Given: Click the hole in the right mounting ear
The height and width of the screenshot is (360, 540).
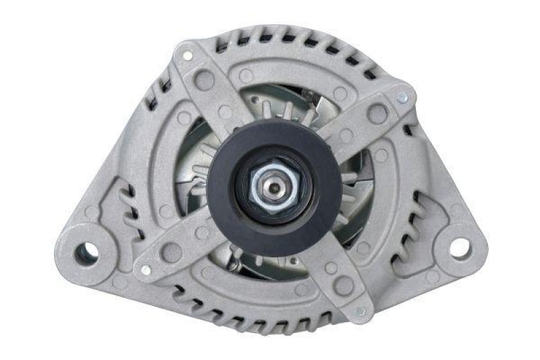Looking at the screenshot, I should tap(459, 248).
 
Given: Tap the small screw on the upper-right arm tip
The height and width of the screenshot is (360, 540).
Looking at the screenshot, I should tap(402, 98).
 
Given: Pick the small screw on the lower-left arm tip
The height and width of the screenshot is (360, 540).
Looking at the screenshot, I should tap(145, 270).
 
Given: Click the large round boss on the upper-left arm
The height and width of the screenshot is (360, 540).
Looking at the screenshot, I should tap(204, 80).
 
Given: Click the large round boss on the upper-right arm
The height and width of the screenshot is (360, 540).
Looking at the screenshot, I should tap(377, 114).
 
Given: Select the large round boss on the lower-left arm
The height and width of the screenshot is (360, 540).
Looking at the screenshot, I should tap(171, 252).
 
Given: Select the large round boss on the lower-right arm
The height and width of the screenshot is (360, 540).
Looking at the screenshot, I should tap(344, 286).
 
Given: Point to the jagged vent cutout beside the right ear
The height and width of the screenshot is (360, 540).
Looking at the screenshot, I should tap(412, 223).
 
